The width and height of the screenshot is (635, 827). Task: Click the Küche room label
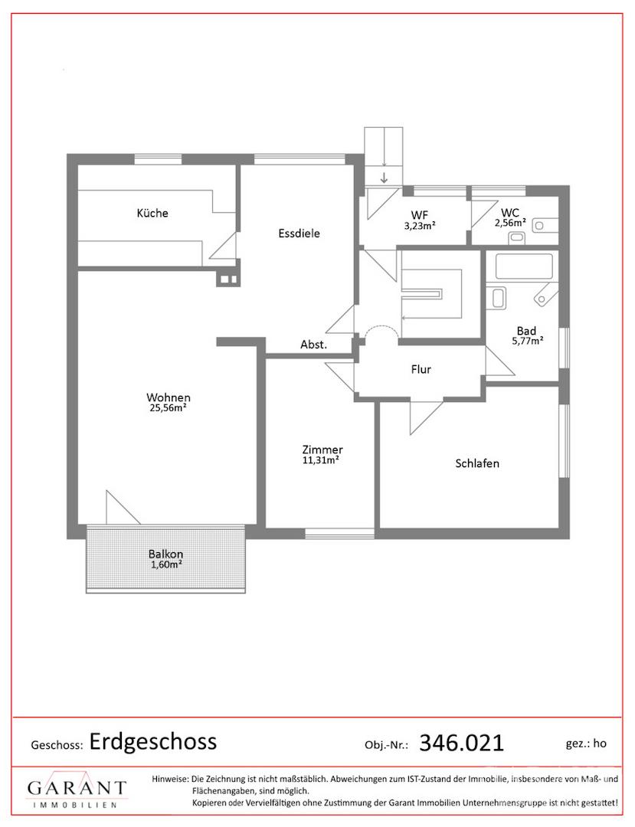(152, 213)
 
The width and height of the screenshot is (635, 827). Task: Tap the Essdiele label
(299, 233)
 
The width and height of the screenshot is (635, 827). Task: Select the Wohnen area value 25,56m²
(169, 407)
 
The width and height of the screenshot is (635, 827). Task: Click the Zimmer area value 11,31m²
(320, 460)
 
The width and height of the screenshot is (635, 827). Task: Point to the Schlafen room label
(477, 463)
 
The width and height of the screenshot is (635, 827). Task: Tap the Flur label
(421, 369)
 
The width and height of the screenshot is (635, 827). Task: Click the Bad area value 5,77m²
(528, 341)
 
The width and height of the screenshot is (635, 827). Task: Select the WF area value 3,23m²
(420, 225)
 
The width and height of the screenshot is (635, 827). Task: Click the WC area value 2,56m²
(510, 223)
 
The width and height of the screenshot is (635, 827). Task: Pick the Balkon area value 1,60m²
(166, 564)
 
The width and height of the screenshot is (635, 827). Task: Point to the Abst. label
(314, 345)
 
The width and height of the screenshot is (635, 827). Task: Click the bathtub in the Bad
(524, 266)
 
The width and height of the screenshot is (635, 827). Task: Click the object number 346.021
(461, 743)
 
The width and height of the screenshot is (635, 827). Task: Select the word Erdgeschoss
(153, 741)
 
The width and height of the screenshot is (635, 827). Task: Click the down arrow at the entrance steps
(384, 177)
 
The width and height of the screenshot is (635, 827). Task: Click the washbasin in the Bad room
(499, 298)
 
